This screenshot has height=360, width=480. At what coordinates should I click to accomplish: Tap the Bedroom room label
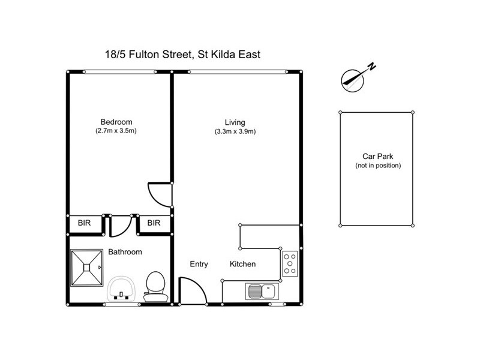[116, 122]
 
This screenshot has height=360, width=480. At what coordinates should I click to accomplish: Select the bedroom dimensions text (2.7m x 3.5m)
[116, 131]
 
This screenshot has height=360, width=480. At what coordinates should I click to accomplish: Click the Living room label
[235, 122]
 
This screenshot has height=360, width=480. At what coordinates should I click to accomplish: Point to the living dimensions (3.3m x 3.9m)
[235, 131]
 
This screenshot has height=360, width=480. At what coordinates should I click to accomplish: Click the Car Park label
[377, 155]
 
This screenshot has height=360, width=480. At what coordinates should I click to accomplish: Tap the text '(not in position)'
[377, 166]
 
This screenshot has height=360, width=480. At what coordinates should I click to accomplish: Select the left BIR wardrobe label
[85, 223]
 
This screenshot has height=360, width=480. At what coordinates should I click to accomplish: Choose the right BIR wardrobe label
[154, 223]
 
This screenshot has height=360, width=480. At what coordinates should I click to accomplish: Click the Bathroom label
[125, 252]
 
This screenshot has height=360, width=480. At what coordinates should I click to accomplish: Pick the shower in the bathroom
[88, 268]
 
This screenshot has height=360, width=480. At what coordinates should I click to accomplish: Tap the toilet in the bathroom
[155, 286]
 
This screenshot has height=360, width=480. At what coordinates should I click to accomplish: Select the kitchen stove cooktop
[290, 263]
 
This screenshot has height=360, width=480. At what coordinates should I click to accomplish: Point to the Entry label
[199, 264]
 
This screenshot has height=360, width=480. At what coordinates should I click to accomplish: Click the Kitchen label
[243, 264]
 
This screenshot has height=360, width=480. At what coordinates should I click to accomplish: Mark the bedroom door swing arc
[160, 193]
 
